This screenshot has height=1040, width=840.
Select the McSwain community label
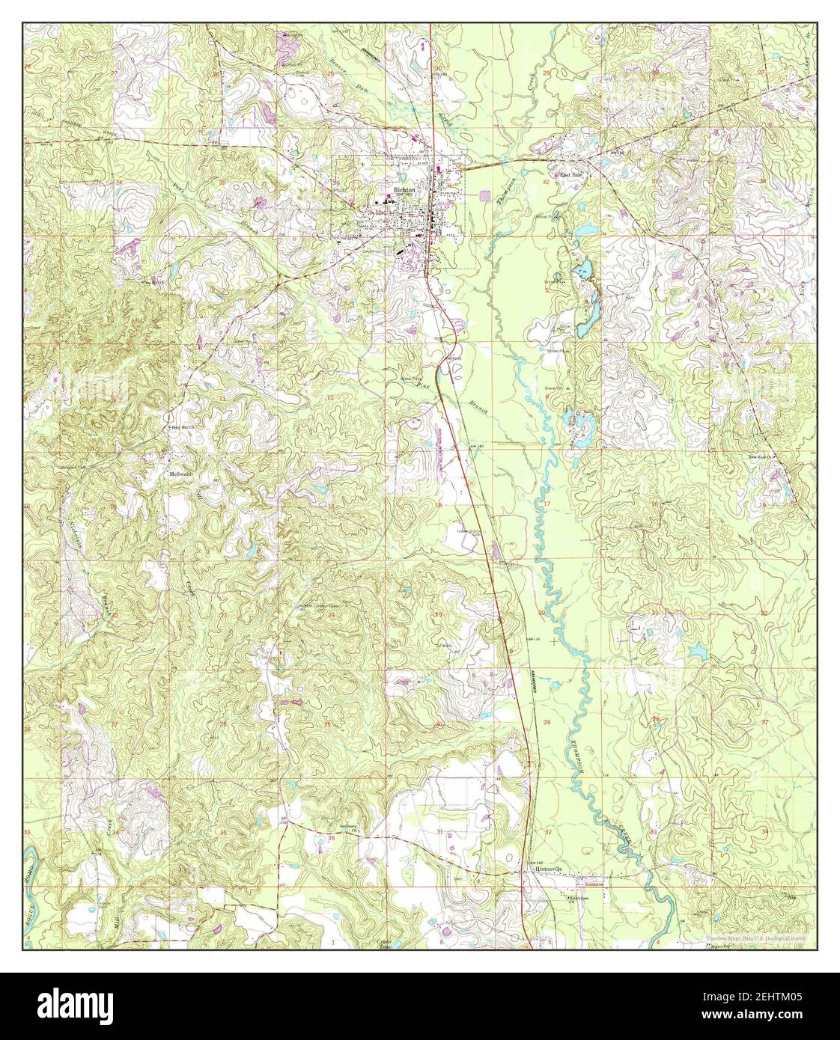point(180,474)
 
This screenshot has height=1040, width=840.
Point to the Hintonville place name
point(547,869)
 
